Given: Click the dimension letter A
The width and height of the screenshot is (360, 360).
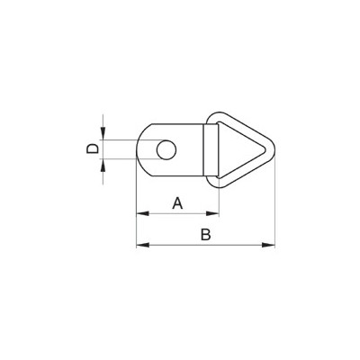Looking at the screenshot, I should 177,203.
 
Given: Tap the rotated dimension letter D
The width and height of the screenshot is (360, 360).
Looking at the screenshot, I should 91,148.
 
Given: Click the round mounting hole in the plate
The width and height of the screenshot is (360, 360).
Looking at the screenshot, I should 166,148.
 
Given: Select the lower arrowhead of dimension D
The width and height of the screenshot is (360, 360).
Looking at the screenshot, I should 103,163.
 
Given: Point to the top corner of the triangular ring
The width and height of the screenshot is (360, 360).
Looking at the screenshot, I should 219,114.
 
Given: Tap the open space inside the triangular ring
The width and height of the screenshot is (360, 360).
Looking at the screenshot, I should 238,148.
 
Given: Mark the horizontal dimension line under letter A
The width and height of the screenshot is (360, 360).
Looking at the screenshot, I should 177,214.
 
